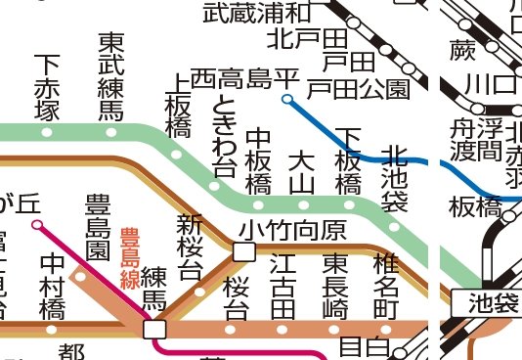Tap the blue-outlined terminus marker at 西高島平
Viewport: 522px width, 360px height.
[286, 99]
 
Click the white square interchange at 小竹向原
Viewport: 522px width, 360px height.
[243, 252]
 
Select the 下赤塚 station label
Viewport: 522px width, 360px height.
[45, 88]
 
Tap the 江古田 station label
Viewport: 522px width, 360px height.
[283, 287]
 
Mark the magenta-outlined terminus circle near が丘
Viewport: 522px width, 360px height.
[36, 225]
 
